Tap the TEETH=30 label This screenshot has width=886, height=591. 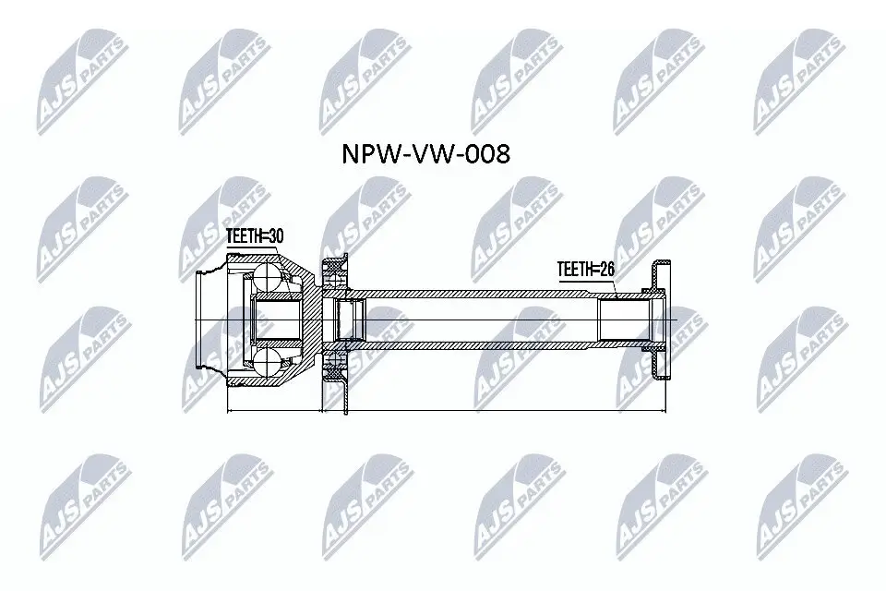[255, 236]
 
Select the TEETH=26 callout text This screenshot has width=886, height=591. [585, 269]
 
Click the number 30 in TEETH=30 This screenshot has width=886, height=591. [273, 236]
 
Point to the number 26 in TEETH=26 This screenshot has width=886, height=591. [605, 269]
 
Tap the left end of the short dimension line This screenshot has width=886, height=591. [228, 409]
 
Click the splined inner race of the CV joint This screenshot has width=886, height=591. [273, 320]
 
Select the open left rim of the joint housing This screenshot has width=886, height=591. [208, 320]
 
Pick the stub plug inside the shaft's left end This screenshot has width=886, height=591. [350, 320]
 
